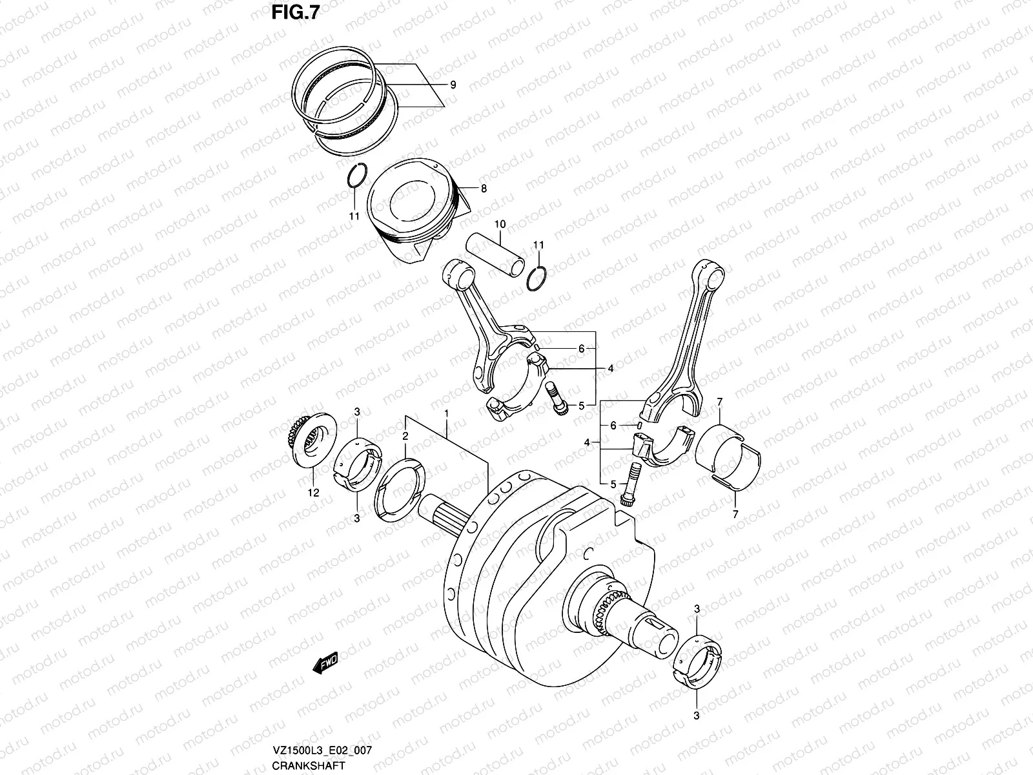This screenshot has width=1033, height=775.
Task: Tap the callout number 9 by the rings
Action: click(453, 85)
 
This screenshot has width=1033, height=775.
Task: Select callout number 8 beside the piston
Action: click(484, 189)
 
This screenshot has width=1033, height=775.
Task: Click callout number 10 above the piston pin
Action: click(500, 225)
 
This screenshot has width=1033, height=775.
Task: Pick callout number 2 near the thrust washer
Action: click(405, 437)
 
